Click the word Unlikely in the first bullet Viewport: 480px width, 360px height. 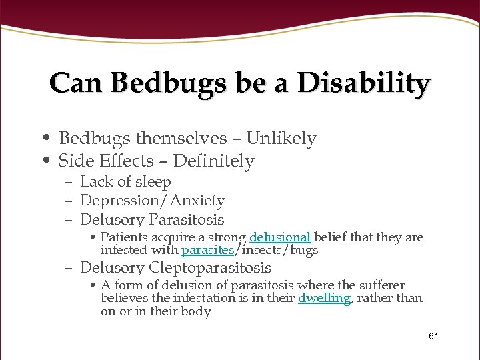click(x=281, y=138)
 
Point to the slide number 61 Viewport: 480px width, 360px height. click(x=433, y=336)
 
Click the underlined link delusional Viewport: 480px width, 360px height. click(x=280, y=237)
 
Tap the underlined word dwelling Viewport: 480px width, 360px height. click(x=324, y=298)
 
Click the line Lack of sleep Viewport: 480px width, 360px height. click(x=125, y=181)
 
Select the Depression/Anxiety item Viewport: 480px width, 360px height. click(x=152, y=200)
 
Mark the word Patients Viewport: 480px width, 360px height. click(x=125, y=237)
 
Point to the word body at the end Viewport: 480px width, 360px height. click(x=197, y=311)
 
